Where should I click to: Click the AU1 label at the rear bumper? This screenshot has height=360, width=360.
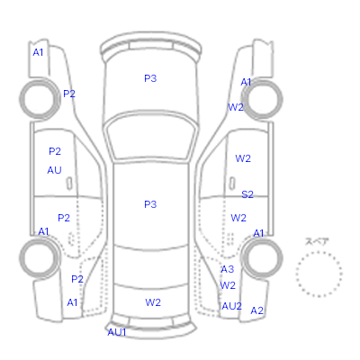(117, 332)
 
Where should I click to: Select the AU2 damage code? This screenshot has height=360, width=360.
(231, 306)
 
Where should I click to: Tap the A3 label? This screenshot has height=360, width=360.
(228, 269)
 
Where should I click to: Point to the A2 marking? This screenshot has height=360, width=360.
(256, 310)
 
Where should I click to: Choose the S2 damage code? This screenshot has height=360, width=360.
(247, 194)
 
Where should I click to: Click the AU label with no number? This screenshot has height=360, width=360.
(54, 170)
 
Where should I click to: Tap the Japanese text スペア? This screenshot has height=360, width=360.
(317, 241)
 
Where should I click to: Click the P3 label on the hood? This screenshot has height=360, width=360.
(150, 78)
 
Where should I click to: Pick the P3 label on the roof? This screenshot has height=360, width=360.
(150, 204)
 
